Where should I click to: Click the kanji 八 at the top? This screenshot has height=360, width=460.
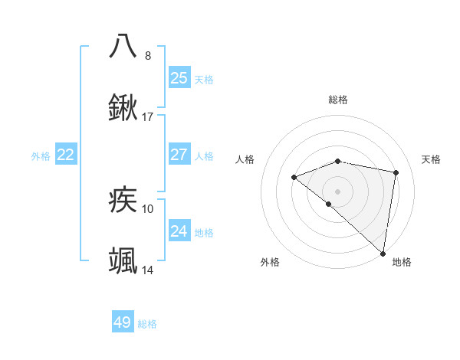123,45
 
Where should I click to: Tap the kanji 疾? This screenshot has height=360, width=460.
123,201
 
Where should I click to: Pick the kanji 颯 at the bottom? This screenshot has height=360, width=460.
123,261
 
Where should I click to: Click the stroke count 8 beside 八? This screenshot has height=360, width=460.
148,55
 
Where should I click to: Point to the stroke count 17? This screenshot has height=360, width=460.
148,117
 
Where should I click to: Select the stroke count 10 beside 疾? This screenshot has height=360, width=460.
148,208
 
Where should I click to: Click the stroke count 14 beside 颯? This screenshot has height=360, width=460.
148,270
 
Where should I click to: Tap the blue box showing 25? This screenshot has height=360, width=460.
179,78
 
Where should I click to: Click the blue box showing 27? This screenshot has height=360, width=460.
179,155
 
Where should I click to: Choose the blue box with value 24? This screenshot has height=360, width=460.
179,231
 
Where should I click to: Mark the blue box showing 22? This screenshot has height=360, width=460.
65,155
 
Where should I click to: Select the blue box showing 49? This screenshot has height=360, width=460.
123,322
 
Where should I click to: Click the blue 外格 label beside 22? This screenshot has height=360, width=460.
41,156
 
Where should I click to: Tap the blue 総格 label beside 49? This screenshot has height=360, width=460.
147,324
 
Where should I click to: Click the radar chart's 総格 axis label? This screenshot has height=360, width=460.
338,100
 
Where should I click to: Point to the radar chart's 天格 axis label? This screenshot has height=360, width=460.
431,159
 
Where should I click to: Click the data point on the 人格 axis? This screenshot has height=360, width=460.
294,177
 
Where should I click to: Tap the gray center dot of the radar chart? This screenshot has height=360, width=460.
337,191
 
